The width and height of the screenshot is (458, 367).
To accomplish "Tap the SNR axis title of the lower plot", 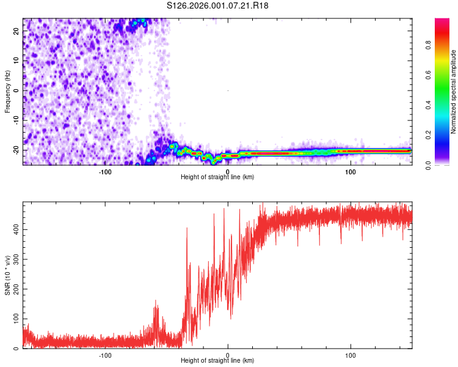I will coord(7,276).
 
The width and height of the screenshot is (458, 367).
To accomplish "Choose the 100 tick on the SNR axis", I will coord(15,319).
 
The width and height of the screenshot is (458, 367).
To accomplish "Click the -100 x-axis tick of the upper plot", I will coord(105,172).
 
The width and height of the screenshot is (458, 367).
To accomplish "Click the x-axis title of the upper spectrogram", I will coord(217,177).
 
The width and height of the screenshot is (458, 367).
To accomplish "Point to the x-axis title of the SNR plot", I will coord(217,361).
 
